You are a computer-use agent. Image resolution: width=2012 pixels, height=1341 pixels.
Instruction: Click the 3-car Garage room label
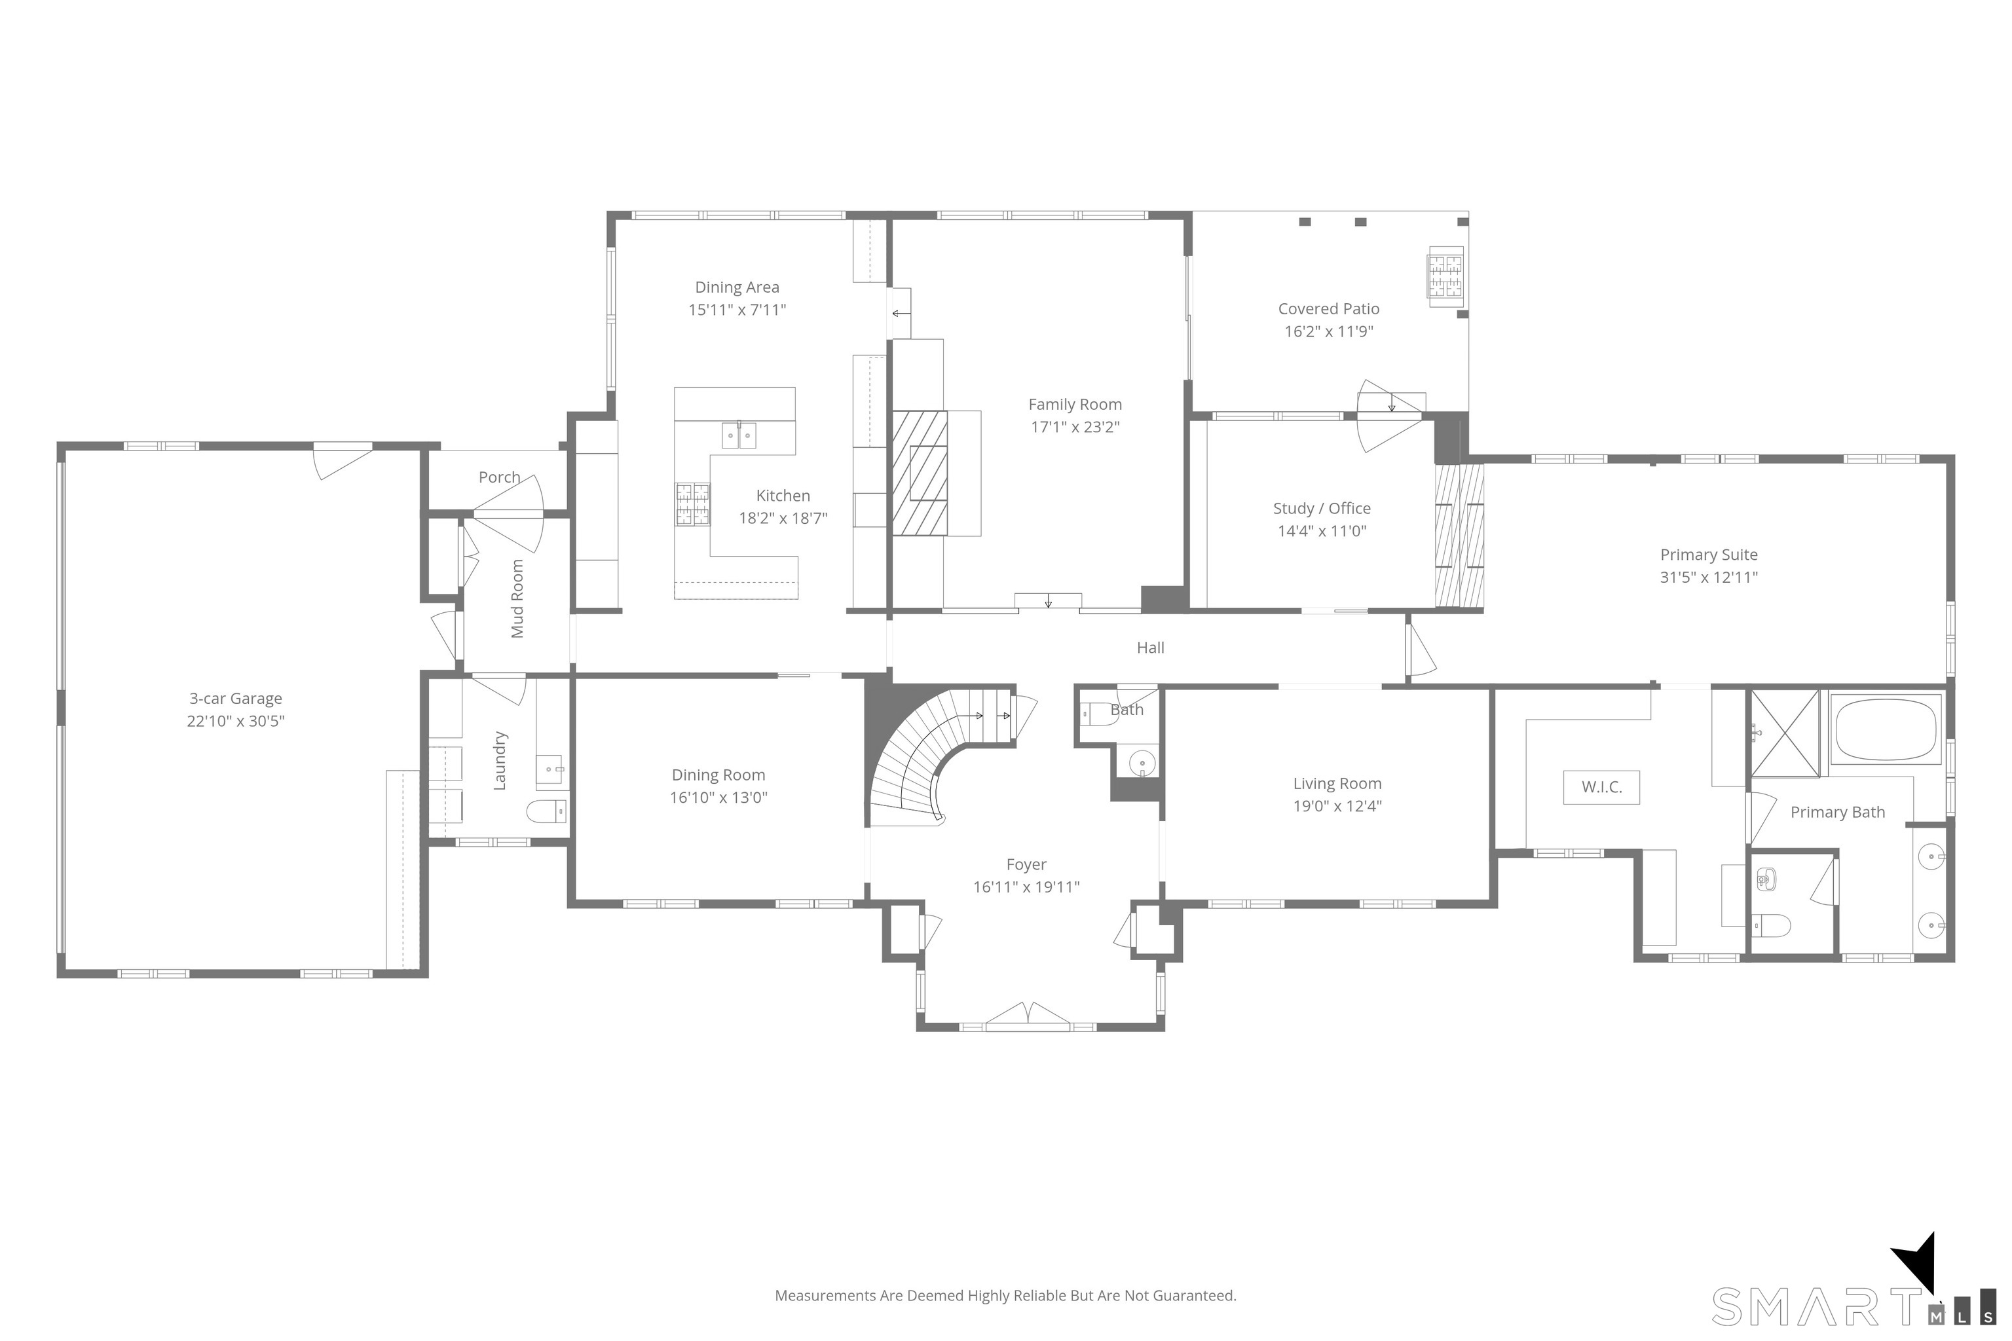tap(235, 699)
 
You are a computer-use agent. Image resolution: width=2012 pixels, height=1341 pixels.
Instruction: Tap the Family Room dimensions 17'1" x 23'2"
tap(1075, 427)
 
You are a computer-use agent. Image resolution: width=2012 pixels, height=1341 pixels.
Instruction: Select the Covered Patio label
tap(1328, 309)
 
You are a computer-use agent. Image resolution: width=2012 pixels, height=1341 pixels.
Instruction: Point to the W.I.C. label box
tap(1601, 788)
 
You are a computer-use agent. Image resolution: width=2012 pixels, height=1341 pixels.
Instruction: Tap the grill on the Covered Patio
tap(1445, 276)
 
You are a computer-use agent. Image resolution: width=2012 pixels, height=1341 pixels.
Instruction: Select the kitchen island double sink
tap(739, 435)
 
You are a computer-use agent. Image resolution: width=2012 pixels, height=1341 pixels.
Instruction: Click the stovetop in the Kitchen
tap(693, 504)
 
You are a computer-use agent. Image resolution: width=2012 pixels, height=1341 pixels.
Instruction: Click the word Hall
tap(1151, 648)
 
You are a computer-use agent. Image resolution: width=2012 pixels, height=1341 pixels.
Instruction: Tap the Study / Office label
tap(1322, 509)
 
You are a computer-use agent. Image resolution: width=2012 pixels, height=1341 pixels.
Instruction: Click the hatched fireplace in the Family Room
tap(920, 473)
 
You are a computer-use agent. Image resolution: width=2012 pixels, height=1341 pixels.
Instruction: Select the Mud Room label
tap(517, 598)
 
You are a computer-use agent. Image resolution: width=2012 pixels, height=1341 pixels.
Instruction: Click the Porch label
tap(500, 477)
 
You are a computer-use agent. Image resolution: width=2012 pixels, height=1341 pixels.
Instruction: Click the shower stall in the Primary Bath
tap(1785, 733)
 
